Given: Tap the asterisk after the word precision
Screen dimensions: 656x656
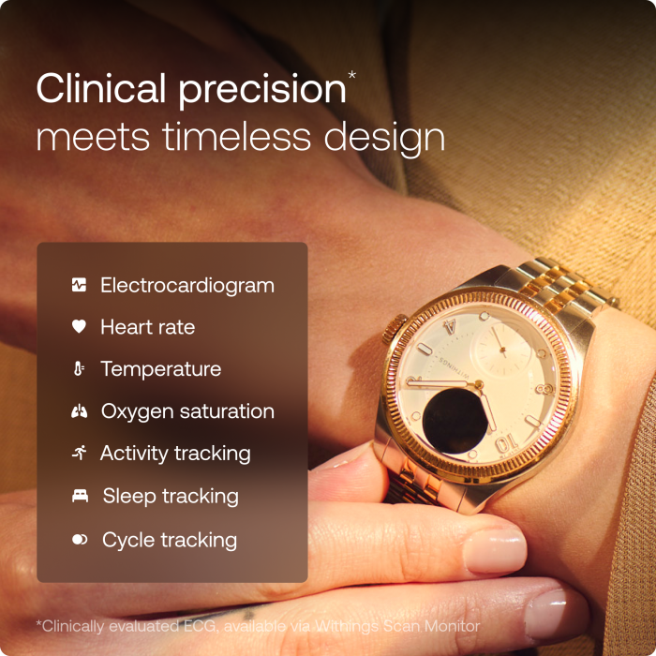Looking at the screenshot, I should (x=351, y=73).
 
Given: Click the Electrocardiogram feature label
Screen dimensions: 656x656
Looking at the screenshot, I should (x=187, y=285).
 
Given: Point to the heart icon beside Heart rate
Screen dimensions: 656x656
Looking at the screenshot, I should (x=79, y=327).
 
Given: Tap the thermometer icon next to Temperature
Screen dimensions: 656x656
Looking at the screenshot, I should (x=79, y=369).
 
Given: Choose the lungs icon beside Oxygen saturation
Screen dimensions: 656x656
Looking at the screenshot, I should (x=79, y=411).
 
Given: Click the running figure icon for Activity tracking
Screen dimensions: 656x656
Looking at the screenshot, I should (x=79, y=454).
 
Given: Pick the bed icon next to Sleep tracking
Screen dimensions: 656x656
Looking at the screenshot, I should (x=80, y=497).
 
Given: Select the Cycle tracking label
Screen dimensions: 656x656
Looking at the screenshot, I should (x=170, y=540).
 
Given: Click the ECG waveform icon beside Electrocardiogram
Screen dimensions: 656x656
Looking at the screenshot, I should (x=79, y=285).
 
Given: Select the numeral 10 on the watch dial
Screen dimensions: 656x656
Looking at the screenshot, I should (x=505, y=442).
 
